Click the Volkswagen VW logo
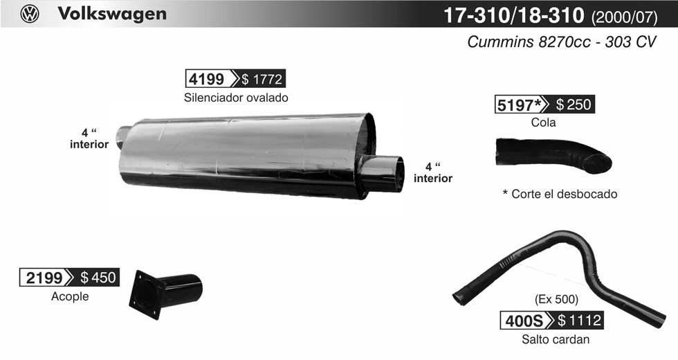pos(30,14)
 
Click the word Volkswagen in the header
pos(112,14)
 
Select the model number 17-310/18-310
pos(514,15)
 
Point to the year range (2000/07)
pos(624,17)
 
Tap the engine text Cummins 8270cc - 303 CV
pos(562,42)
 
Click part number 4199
pos(207,79)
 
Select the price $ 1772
pos(262,79)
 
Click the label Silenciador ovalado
pos(236,98)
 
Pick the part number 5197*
pos(519,105)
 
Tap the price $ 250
pos(574,105)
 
